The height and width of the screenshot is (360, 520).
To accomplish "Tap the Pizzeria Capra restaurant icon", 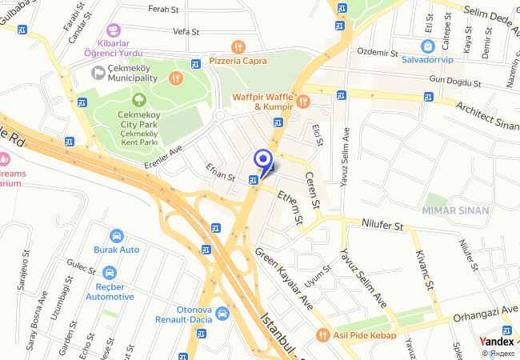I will point(237,46).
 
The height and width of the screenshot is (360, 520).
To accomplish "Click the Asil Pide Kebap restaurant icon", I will point(322,334).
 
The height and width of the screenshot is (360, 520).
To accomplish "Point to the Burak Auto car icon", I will point(117,236).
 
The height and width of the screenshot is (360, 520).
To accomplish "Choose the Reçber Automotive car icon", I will point(110,273).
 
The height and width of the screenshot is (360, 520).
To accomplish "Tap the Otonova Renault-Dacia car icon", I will point(222,314).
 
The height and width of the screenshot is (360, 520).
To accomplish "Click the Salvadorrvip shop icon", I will point(429,46).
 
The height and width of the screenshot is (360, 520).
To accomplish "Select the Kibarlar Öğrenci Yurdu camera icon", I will point(111,29).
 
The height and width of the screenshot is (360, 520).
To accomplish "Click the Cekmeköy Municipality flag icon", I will point(98,73).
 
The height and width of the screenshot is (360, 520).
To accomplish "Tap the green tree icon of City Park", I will point(139,100).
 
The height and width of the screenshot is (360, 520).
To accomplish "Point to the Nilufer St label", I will point(382,226).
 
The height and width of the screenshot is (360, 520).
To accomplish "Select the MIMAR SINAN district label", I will point(457,210).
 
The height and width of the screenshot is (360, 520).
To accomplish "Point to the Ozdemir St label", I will point(377,52).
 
